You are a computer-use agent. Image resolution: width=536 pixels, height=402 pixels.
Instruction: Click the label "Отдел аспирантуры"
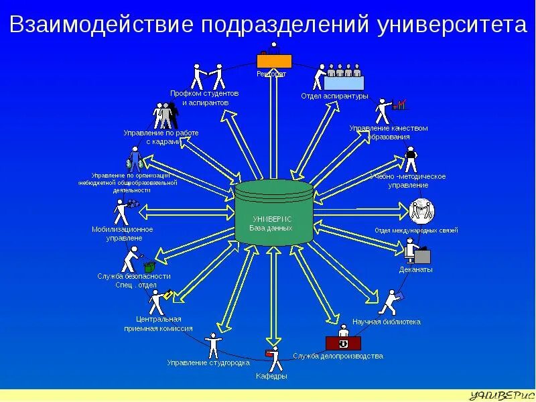click(x=334, y=96)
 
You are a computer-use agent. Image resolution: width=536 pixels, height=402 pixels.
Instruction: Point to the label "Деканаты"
click(x=416, y=269)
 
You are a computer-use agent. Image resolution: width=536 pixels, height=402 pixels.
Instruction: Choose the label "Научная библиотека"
click(x=387, y=322)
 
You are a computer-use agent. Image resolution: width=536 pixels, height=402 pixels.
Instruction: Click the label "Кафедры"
click(x=271, y=376)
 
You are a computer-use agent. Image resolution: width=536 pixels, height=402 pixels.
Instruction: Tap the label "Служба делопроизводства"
click(x=338, y=356)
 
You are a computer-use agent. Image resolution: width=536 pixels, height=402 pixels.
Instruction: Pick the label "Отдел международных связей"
click(x=416, y=230)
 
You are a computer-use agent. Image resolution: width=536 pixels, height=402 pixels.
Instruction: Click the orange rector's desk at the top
click(x=271, y=60)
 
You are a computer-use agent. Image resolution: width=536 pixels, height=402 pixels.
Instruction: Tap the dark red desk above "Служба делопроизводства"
click(x=342, y=344)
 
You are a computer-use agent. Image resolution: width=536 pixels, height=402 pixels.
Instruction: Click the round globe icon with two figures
click(x=422, y=212)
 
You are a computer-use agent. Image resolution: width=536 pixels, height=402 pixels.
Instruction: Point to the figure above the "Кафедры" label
click(x=273, y=358)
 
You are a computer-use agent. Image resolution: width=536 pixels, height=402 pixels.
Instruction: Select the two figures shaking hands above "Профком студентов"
click(x=207, y=76)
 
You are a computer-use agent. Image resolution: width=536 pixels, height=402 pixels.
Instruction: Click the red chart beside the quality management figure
click(x=401, y=105)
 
